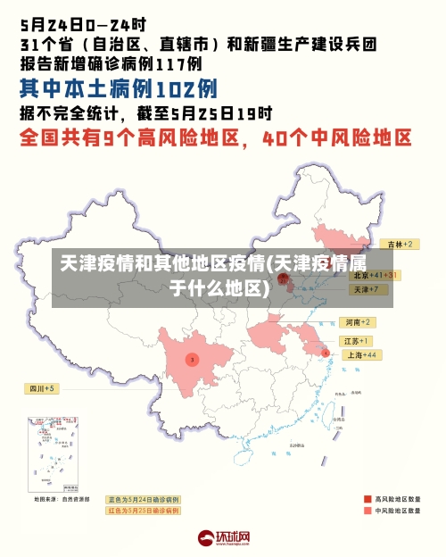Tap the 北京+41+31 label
tap(374, 275)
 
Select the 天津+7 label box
tap(366, 290)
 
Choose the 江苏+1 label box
tap(357, 341)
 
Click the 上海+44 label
tap(360, 354)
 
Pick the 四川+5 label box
tap(41, 389)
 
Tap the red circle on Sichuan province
tap(191, 359)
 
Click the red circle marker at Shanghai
tap(326, 353)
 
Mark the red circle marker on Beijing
tap(283, 278)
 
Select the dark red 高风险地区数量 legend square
tap(367, 499)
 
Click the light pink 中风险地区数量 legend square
tap(367, 511)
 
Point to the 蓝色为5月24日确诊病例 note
tap(143, 499)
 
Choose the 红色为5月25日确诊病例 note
tap(143, 511)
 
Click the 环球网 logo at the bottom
tap(223, 538)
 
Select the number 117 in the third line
tap(178, 64)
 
